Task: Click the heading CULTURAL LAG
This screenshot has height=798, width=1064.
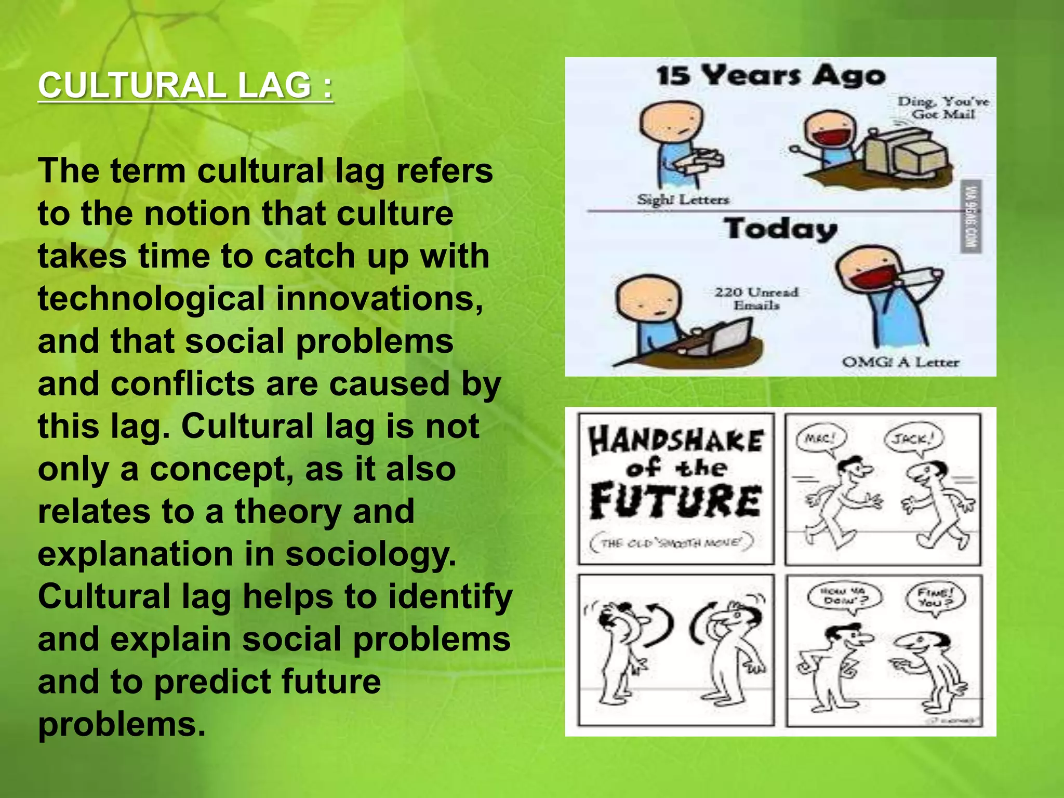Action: click(185, 86)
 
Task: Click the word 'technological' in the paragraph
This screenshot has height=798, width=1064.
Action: click(151, 299)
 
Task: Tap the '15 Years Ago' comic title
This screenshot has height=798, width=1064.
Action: click(770, 76)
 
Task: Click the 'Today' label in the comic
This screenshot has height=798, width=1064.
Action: click(781, 229)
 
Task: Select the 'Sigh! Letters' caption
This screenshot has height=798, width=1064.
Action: click(683, 199)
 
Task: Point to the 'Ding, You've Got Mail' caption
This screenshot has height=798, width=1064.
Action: click(943, 108)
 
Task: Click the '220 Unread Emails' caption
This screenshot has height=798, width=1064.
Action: click(756, 298)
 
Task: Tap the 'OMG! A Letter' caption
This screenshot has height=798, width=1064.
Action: click(900, 362)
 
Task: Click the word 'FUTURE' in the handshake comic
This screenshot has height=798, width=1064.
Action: click(676, 501)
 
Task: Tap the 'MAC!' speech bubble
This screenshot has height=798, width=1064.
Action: click(820, 439)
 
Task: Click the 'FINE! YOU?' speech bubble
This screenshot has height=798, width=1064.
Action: click(936, 597)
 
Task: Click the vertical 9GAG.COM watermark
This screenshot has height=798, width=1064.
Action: click(970, 216)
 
